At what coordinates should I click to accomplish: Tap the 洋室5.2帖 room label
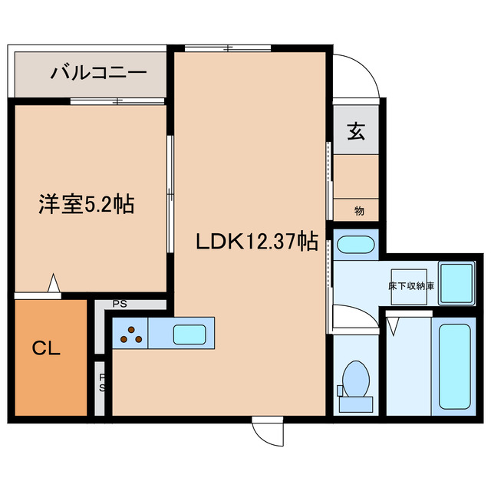pos(87,205)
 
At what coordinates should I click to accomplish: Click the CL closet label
pos(47,349)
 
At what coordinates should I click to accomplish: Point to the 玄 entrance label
pos(356,132)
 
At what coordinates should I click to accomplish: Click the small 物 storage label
pos(359,209)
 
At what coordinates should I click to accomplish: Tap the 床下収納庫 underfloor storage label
pos(410,285)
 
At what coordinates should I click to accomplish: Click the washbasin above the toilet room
pos(355,246)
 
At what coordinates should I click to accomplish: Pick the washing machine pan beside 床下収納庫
pos(459,281)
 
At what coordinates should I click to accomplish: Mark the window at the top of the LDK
pos(228,49)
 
